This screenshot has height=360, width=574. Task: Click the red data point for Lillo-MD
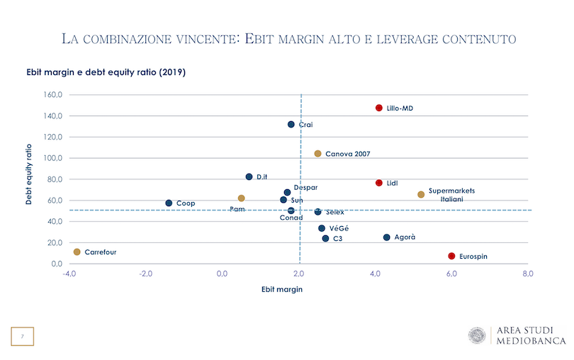tap(379, 108)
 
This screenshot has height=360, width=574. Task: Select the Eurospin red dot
tap(451, 256)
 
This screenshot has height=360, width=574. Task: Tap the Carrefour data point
tap(77, 252)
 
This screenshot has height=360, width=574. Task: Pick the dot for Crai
tap(291, 124)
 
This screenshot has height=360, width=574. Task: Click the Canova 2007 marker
tap(317, 154)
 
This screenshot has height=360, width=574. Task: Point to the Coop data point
tap(169, 203)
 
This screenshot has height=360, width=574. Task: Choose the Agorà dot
tap(386, 237)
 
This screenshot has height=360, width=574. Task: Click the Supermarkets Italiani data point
tap(421, 194)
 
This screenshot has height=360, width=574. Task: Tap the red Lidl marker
tap(379, 183)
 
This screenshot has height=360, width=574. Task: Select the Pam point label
tap(237, 209)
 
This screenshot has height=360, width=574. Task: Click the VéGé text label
tap(339, 229)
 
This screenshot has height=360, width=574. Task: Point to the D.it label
tap(261, 176)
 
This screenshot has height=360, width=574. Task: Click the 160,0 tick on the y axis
tap(55, 94)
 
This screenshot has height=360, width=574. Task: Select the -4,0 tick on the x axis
tap(68, 274)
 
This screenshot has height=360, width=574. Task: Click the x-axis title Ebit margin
tap(282, 289)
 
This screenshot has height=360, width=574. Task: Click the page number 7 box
tap(22, 337)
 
